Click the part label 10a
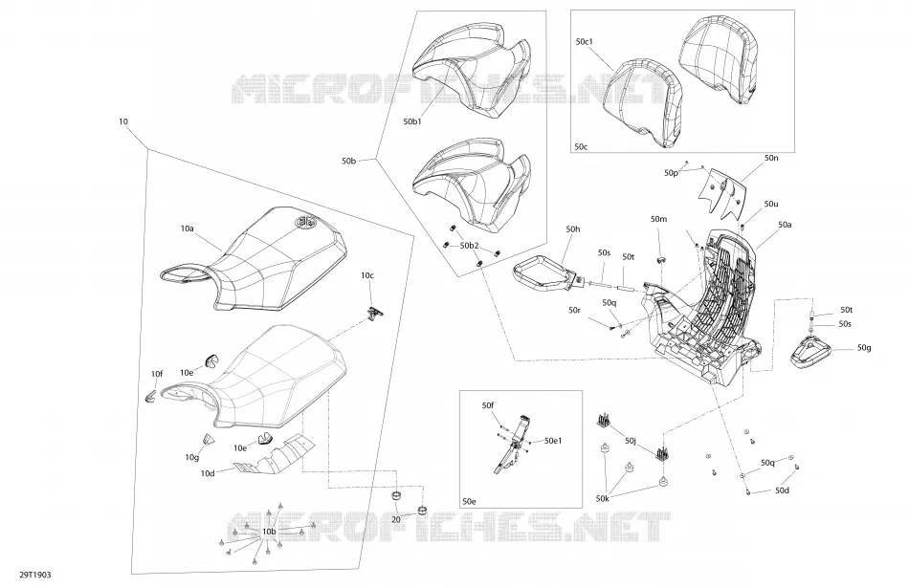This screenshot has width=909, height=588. point(187,229)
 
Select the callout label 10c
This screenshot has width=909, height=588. point(367,275)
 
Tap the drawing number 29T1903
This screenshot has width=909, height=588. point(35,575)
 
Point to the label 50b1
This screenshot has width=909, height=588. point(412,121)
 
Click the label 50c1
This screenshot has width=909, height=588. point(585,42)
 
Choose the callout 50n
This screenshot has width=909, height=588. point(771,158)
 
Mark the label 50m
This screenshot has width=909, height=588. point(658,219)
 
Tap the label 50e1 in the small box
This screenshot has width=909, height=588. point(553,441)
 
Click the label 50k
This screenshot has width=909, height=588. point(602,499)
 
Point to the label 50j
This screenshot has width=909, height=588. point(631,442)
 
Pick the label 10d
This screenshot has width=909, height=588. point(208,473)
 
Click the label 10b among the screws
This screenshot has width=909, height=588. point(269,532)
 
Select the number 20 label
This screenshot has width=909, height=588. point(396,520)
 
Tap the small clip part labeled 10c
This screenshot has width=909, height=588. point(376,314)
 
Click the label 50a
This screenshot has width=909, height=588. point(785,224)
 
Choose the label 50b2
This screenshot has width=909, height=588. point(470,246)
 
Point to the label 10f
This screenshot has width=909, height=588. point(157,374)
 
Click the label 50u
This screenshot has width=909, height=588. point(771,204)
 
